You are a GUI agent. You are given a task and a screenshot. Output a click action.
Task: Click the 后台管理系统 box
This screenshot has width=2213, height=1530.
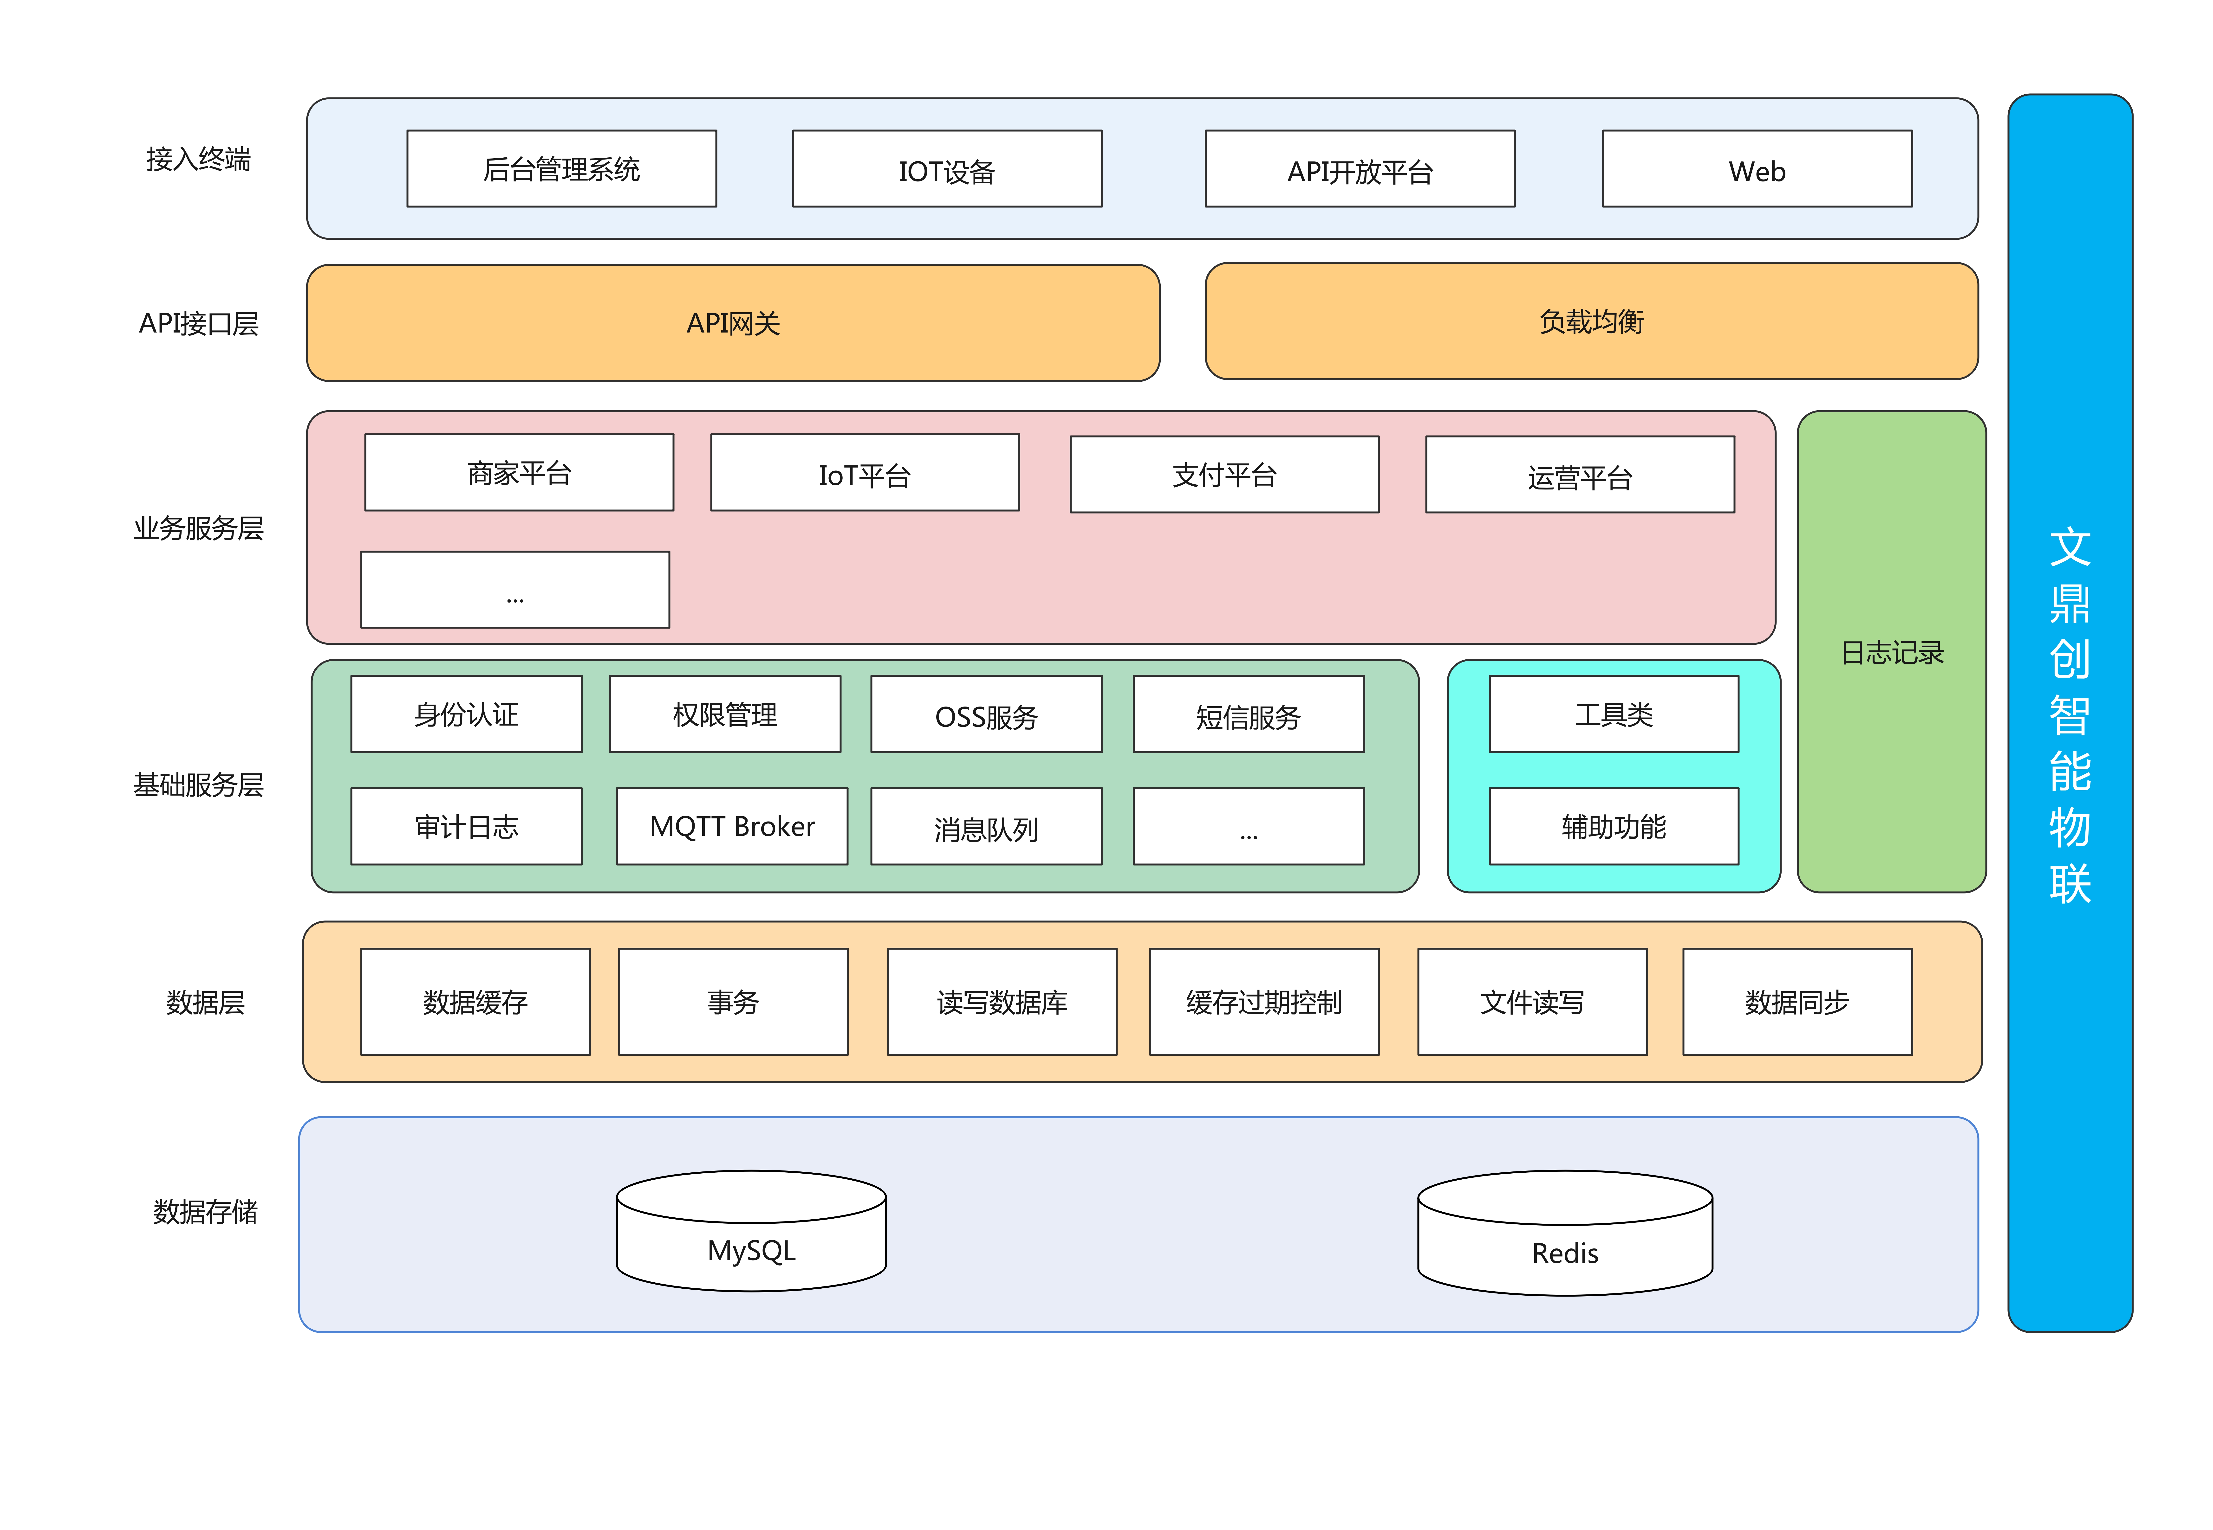point(562,169)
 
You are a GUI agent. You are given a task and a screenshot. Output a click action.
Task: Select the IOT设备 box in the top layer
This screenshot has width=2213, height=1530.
point(947,169)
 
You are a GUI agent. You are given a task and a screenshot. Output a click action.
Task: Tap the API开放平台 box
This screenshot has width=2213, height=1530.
point(1360,169)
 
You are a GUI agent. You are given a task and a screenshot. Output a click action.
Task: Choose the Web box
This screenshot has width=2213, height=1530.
point(1757,169)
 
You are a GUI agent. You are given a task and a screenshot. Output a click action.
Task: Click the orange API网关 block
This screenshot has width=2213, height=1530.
point(734,323)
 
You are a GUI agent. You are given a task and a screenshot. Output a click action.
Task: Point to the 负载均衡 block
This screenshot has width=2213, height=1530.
point(1592,321)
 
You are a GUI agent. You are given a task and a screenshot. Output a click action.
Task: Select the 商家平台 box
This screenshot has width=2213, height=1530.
point(519,473)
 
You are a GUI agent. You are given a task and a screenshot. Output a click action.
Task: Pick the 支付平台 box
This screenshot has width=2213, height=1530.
point(1224,475)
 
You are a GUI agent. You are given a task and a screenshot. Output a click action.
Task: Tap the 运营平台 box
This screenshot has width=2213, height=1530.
point(1580,475)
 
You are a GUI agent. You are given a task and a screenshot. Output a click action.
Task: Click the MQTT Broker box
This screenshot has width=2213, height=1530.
point(733,826)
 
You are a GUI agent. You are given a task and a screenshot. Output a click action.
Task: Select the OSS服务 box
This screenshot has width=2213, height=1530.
point(987,714)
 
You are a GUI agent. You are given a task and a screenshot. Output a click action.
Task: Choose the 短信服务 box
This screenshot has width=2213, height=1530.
point(1248,714)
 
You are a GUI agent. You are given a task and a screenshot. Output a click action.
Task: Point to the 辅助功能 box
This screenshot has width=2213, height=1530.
point(1614,826)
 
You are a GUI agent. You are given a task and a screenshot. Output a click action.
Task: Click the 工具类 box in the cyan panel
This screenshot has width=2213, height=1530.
point(1614,714)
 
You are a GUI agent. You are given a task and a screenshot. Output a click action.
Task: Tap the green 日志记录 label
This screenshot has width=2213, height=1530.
point(1892,653)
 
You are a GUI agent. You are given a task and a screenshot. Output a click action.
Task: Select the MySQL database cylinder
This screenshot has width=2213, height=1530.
point(752,1231)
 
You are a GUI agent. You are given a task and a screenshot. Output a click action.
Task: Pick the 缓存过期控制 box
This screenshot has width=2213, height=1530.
point(1264,1002)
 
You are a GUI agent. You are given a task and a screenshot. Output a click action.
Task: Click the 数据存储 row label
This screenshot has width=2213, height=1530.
point(205,1212)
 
